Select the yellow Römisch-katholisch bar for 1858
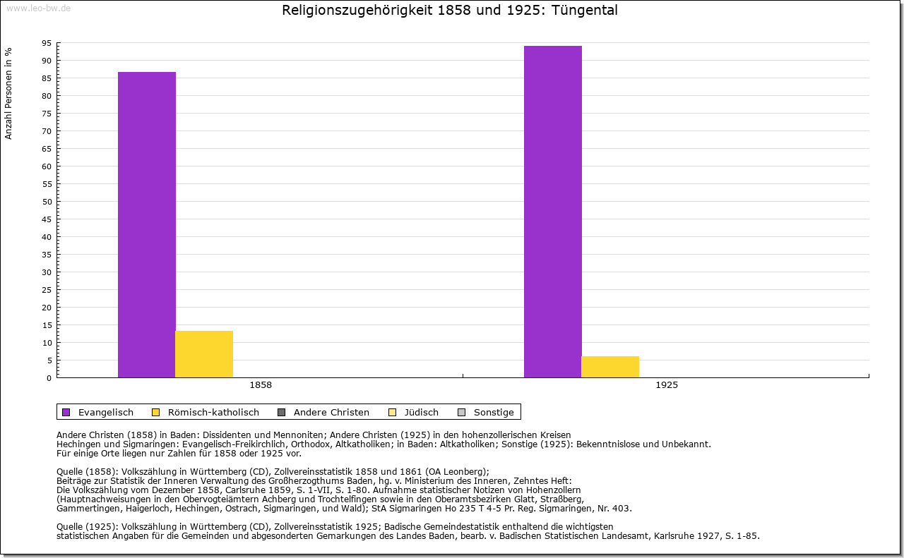click(x=204, y=354)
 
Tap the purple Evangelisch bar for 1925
click(x=553, y=212)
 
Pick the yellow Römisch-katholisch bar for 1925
click(x=610, y=367)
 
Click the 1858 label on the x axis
click(x=261, y=386)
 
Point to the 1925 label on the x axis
click(x=667, y=386)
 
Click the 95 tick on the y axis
click(x=47, y=43)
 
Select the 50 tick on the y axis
click(x=47, y=202)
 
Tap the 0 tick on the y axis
click(x=49, y=378)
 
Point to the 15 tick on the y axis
click(x=47, y=325)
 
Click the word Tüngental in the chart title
click(x=584, y=11)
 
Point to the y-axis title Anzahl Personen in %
click(x=8, y=93)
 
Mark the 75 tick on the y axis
click(x=47, y=114)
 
